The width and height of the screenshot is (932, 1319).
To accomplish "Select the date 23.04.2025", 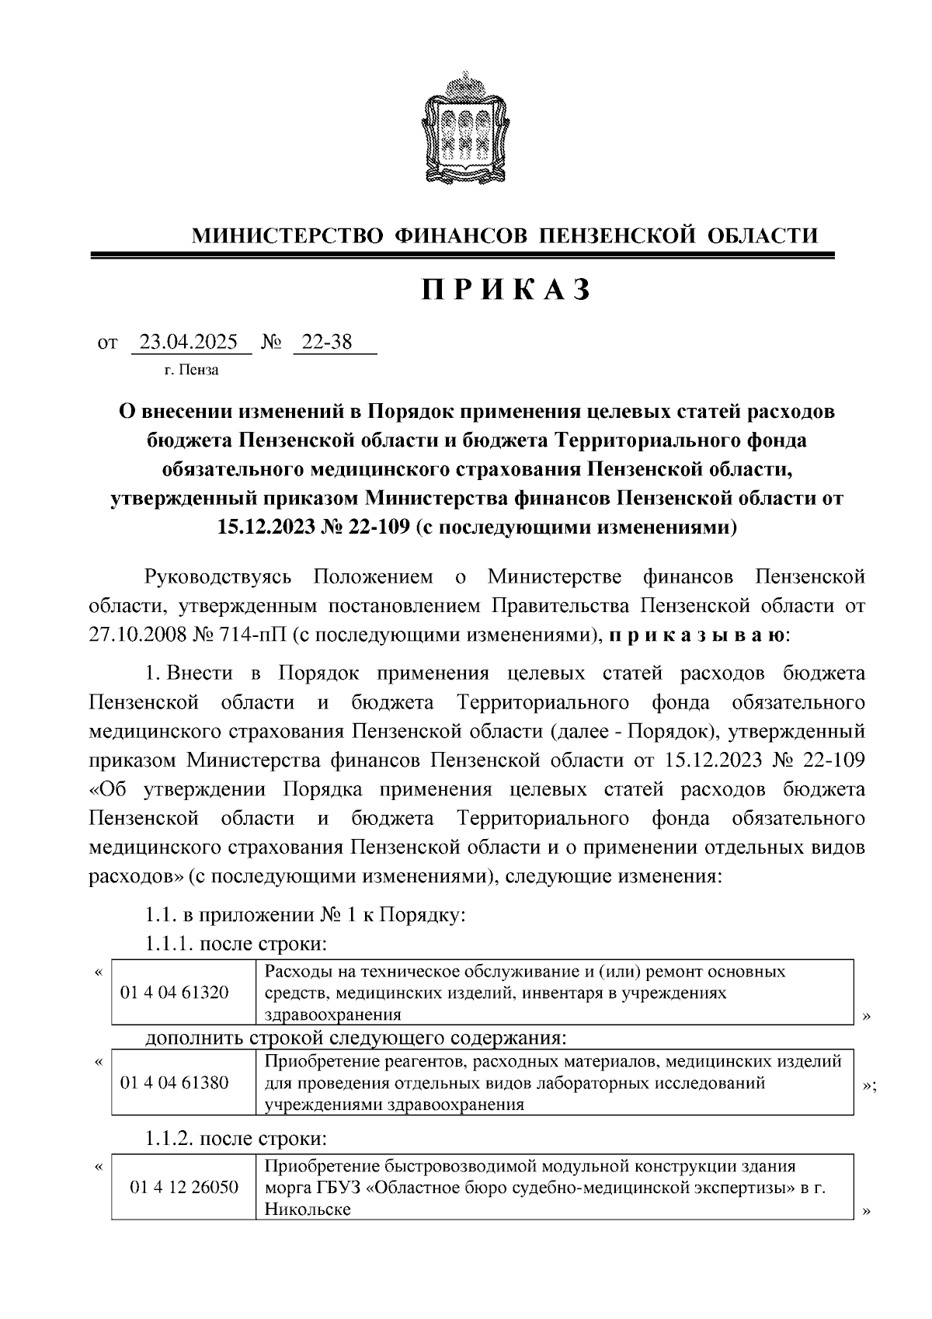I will [x=190, y=342].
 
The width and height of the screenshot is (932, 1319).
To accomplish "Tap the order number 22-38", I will [x=327, y=342].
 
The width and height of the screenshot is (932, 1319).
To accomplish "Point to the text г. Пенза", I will [x=191, y=370].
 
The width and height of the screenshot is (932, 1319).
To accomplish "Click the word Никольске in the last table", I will [x=308, y=1209].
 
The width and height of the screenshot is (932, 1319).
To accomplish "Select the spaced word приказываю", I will [x=696, y=635].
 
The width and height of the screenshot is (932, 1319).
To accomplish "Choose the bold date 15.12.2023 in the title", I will [x=264, y=528].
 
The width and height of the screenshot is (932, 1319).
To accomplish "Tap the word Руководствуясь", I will [x=218, y=576].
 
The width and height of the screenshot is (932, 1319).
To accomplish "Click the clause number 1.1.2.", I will [x=169, y=1140].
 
